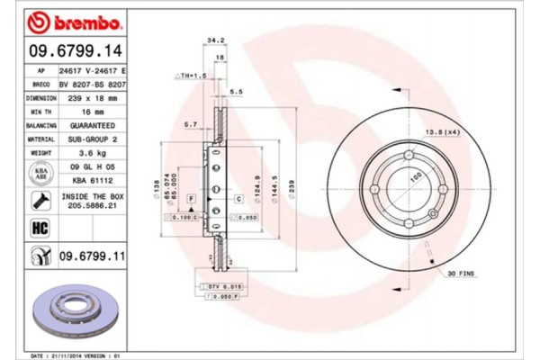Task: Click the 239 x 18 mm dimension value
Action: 93,98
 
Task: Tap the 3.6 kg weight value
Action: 93,153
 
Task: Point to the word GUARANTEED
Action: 93,126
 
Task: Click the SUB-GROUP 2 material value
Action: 93,139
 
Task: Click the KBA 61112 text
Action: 93,180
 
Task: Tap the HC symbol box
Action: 39,229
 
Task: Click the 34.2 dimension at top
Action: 215,40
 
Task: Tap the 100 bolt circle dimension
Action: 415,179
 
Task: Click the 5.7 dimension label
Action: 190,123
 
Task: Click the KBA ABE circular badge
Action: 40,174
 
